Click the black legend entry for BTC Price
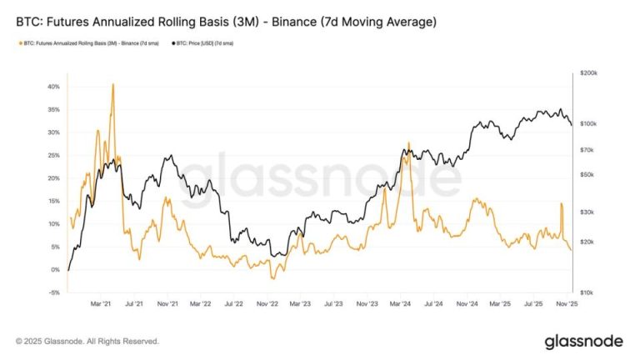point(201,42)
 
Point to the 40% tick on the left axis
point(54,87)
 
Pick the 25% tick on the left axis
point(54,155)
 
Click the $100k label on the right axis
point(587,123)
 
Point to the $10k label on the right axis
point(587,292)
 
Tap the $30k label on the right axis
point(587,212)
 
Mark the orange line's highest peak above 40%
point(112,84)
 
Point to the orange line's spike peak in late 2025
point(562,203)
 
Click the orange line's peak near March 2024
point(408,142)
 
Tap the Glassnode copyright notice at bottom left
point(87,341)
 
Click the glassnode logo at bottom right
point(583,341)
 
